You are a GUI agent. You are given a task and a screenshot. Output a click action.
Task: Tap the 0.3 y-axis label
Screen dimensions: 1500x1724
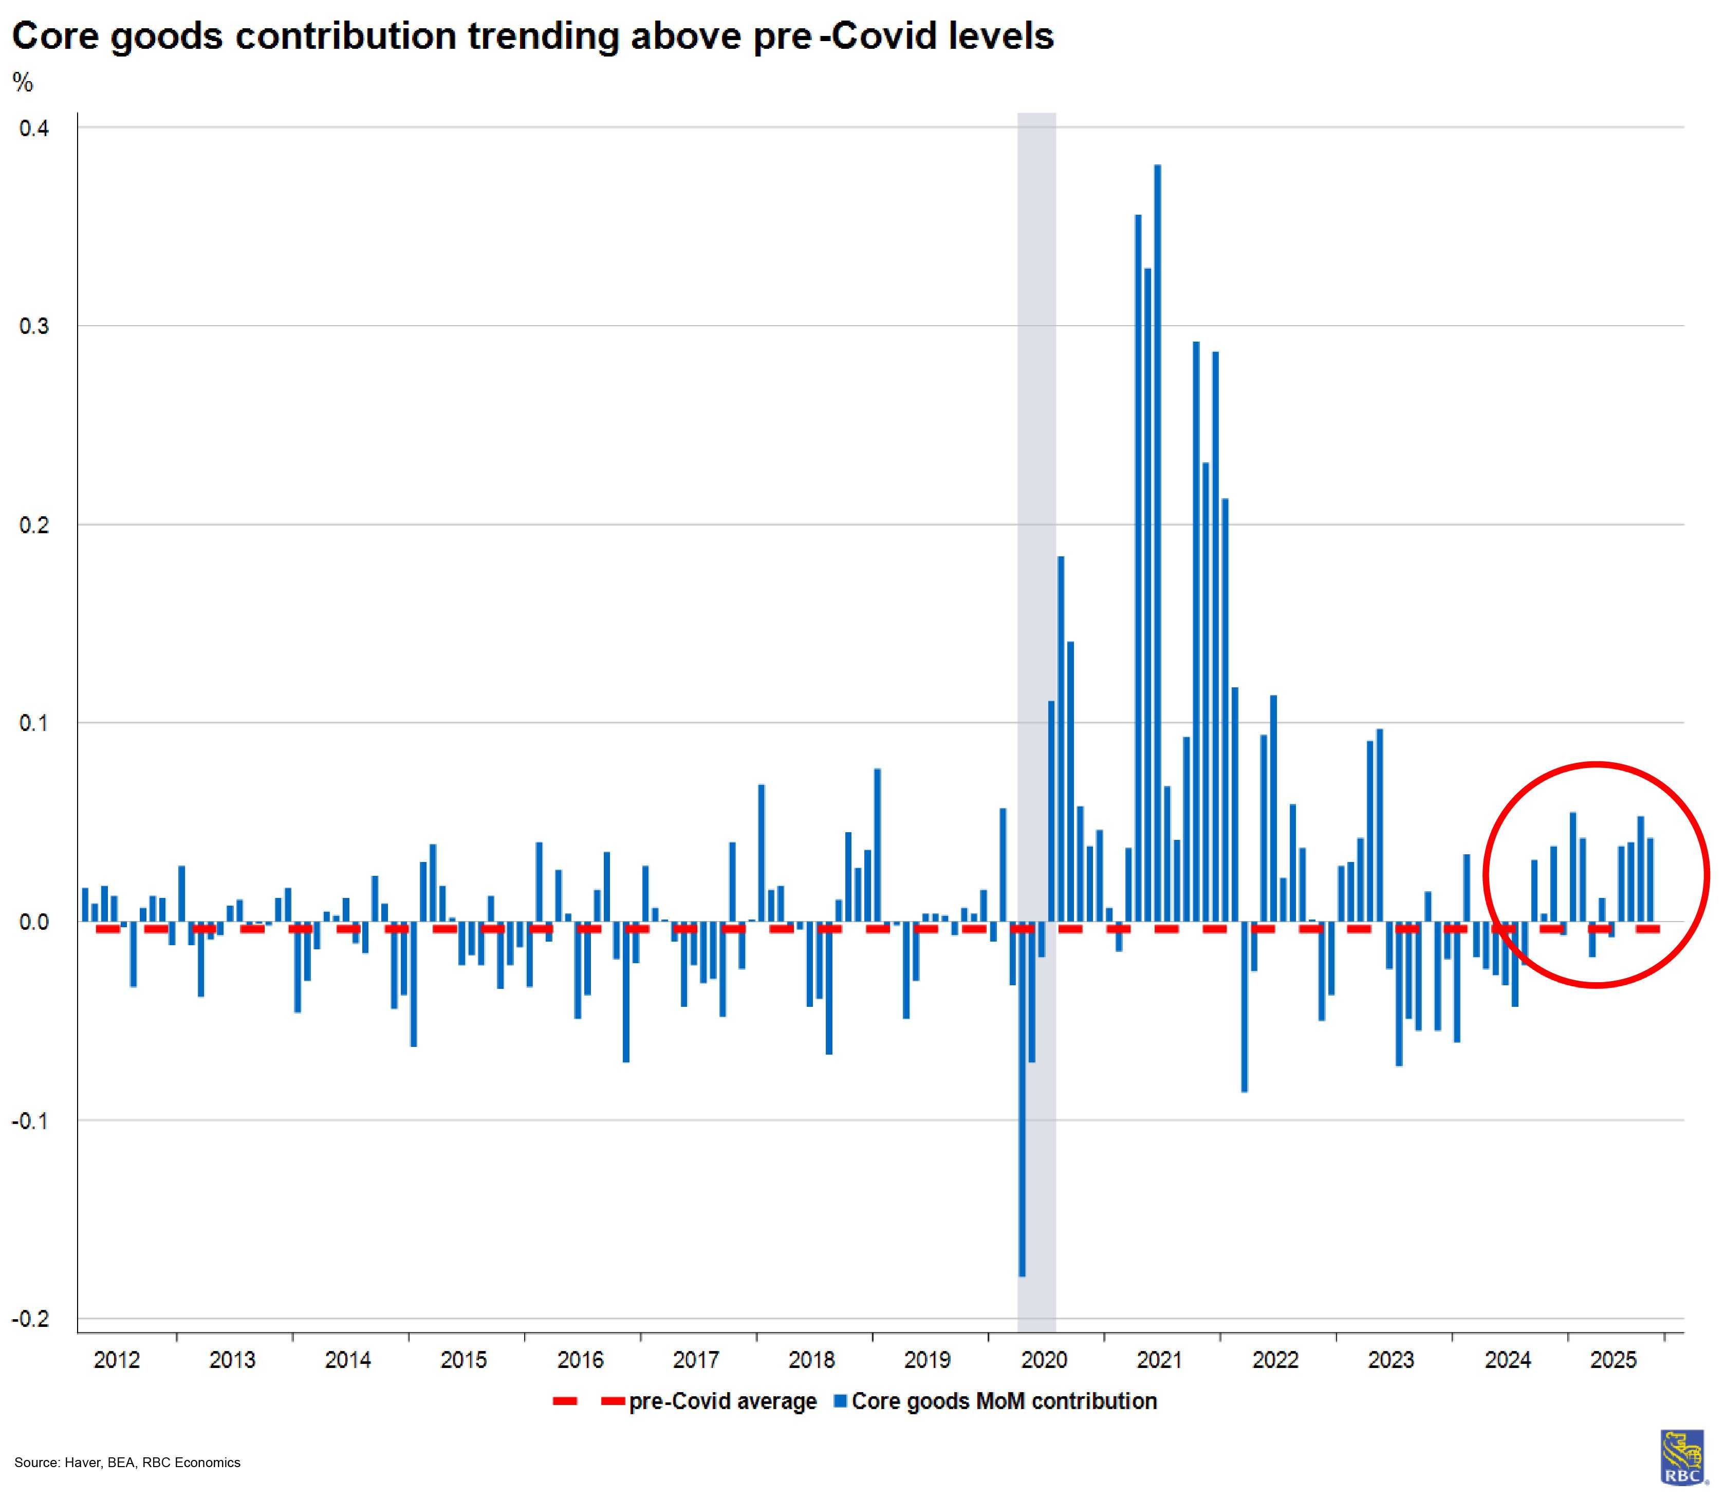[34, 326]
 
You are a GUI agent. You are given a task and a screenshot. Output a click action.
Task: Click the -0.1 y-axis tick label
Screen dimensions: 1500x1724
[31, 1121]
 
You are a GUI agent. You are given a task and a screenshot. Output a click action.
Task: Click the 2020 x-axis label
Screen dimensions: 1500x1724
[1044, 1360]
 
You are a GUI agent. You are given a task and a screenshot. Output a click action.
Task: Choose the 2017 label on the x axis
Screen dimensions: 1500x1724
[696, 1360]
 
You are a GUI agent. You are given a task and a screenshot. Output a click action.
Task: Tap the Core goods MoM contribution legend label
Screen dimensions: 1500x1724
[1004, 1402]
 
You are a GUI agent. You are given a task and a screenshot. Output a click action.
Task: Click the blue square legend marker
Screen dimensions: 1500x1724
[841, 1401]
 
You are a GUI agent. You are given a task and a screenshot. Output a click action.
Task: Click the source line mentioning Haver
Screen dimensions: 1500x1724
[127, 1463]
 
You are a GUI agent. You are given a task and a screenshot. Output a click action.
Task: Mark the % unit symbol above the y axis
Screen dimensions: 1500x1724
[23, 82]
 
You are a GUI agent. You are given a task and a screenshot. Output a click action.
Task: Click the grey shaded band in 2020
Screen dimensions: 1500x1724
[1036, 419]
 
